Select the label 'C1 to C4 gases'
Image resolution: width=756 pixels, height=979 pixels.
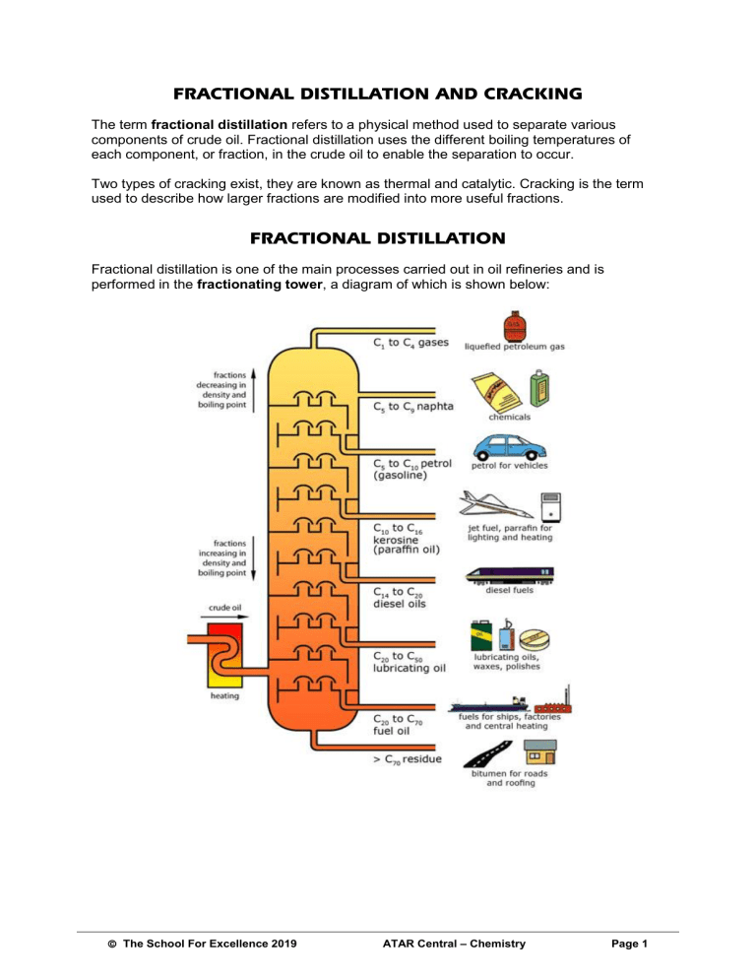pyautogui.click(x=410, y=344)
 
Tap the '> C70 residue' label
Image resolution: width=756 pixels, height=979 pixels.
pyautogui.click(x=408, y=758)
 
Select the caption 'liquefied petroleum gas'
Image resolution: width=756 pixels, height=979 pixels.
pyautogui.click(x=515, y=347)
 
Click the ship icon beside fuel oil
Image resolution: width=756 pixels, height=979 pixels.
pyautogui.click(x=491, y=703)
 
